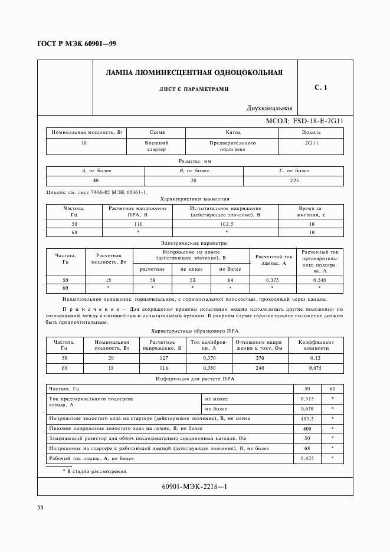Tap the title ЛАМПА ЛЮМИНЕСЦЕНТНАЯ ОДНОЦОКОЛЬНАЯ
point(194,73)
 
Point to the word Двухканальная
point(270,108)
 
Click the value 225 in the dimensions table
point(294,180)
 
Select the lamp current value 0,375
point(272,280)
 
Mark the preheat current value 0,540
point(319,280)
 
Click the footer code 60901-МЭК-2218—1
point(194,487)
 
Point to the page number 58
point(41,508)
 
